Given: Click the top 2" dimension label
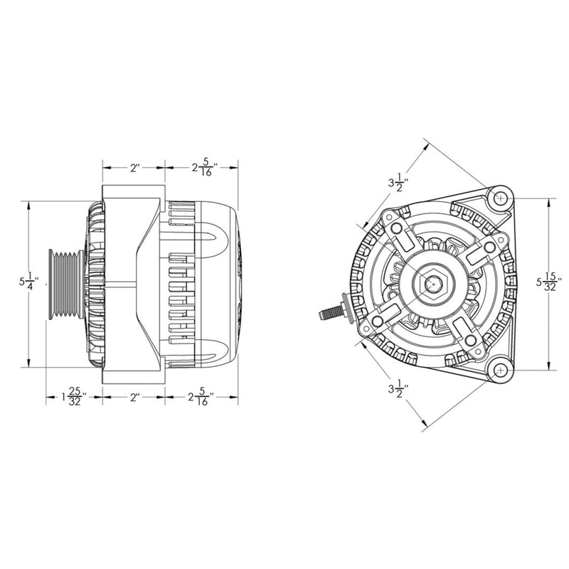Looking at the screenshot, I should coord(134,168).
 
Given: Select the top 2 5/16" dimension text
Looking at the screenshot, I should coord(203,168).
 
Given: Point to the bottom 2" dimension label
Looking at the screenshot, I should coord(134,397).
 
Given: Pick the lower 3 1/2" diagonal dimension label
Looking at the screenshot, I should coord(397,390).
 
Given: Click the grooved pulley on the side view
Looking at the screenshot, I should coord(65,284).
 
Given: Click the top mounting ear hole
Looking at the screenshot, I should coord(501,197).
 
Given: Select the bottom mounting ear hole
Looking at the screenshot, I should coord(501,369).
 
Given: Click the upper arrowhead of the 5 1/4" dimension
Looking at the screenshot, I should coord(28,205).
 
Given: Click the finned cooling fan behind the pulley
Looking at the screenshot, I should coord(93,284).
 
